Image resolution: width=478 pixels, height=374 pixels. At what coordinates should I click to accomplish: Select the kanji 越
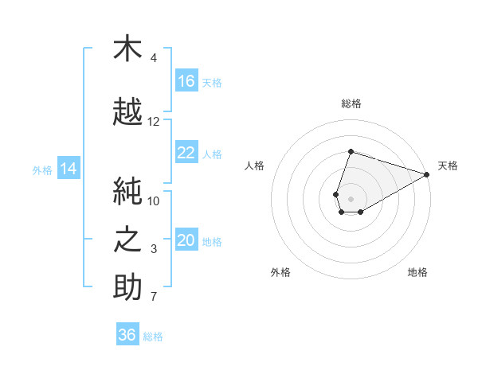point(127,111)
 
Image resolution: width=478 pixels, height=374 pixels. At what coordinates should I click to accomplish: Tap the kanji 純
point(127,191)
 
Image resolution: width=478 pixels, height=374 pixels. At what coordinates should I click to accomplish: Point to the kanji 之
point(127,239)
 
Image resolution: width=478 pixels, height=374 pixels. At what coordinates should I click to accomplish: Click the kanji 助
point(127,286)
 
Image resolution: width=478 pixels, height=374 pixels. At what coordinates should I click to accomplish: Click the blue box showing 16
point(186,80)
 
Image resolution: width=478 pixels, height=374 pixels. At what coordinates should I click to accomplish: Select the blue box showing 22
point(186,152)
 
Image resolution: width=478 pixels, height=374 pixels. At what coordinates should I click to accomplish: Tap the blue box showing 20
point(186,239)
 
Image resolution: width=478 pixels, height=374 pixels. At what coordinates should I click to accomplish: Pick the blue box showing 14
point(69,168)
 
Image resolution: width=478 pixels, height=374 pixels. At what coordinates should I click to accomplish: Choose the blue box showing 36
point(127,333)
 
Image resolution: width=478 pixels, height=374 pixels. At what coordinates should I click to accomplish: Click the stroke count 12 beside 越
point(153,122)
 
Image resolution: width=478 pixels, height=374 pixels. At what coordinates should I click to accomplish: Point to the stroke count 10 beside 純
point(153,201)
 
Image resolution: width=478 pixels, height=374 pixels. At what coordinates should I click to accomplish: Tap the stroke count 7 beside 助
point(154,297)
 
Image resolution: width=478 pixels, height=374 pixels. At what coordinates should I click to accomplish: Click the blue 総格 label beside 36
point(153,337)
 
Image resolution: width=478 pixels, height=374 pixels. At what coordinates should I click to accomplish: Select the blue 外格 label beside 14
point(42,170)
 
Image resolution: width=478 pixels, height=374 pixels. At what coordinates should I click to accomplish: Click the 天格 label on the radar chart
point(448,166)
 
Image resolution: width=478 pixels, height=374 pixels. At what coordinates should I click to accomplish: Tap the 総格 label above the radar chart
point(351,103)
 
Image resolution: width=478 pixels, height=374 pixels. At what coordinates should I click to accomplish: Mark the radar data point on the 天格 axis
point(427,174)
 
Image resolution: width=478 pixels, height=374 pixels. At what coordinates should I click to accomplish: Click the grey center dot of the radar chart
point(351,199)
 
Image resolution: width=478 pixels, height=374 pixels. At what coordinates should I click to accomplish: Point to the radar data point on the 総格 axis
point(351,151)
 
